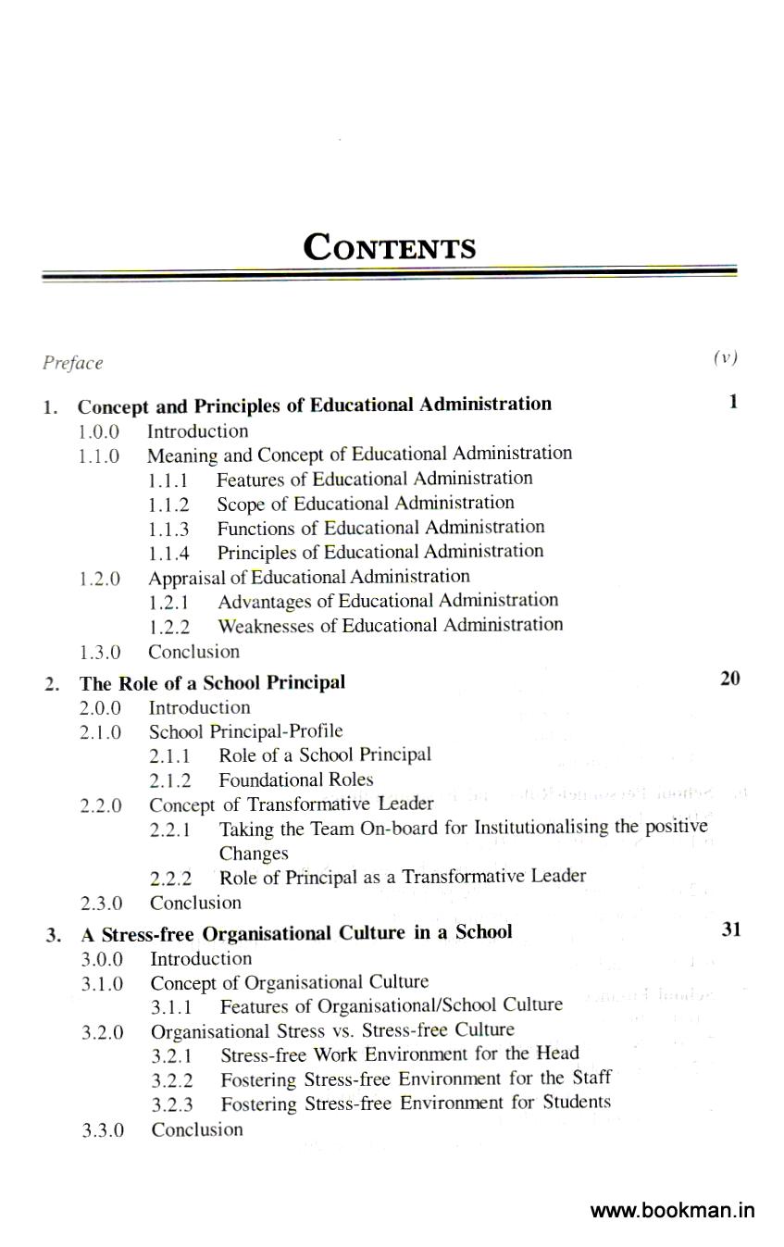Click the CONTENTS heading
point(390,248)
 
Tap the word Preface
point(72,363)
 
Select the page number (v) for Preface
point(725,358)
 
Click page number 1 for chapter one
point(733,402)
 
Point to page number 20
point(729,679)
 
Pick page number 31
point(731,929)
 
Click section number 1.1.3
point(168,530)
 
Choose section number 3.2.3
point(172,1104)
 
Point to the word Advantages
point(264,601)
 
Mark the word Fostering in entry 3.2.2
point(258,1079)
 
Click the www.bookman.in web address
point(672,1211)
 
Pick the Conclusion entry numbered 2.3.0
point(195,903)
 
